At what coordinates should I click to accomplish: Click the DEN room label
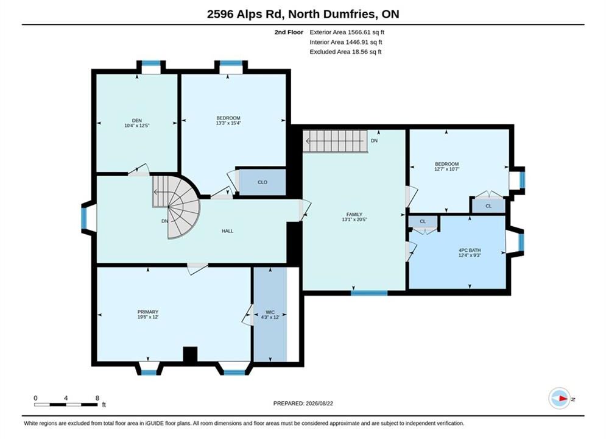[137, 120]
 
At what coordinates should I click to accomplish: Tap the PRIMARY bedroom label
[148, 312]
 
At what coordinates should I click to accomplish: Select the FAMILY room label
[354, 214]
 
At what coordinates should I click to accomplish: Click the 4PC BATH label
[470, 250]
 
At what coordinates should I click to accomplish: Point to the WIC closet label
[270, 312]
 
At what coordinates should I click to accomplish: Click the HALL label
[228, 231]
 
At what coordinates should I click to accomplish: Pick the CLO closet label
[262, 182]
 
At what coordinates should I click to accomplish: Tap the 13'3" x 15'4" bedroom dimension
[228, 123]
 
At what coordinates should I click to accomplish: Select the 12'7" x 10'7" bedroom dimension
[447, 169]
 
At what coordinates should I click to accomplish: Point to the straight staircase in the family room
[335, 141]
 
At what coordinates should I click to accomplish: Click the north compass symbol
[560, 398]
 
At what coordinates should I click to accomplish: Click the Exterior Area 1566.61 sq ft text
[347, 32]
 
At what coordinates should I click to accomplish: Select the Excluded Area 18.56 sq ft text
[345, 52]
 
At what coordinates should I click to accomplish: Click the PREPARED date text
[303, 404]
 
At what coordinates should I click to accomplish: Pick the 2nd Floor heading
[289, 32]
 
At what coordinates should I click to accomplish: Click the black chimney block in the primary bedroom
[190, 354]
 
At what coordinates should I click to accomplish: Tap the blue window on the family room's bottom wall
[369, 293]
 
